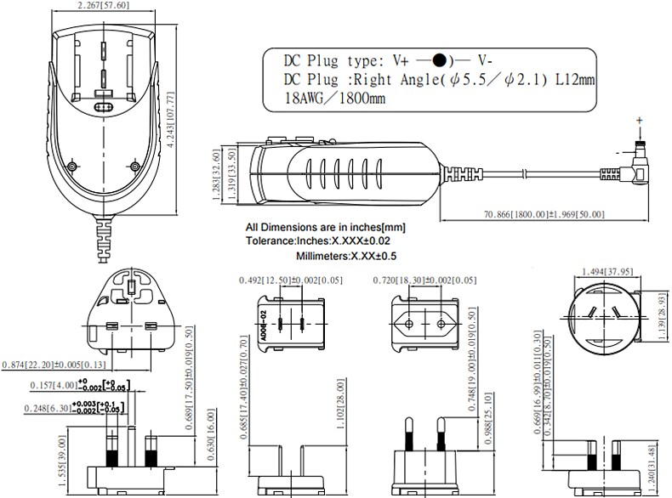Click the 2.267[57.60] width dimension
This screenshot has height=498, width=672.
click(103, 6)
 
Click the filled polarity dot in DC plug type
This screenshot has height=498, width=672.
click(439, 60)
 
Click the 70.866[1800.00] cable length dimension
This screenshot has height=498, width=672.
click(544, 214)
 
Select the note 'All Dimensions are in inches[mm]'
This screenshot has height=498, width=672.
click(325, 228)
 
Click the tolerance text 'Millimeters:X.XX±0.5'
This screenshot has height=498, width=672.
click(346, 256)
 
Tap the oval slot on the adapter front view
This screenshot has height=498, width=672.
click(103, 109)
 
